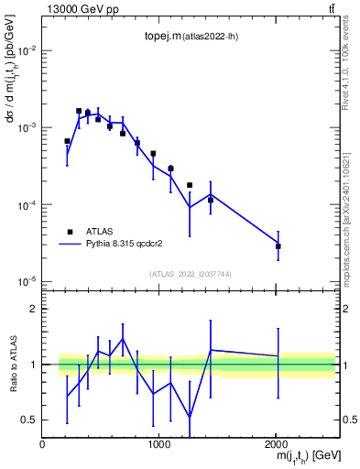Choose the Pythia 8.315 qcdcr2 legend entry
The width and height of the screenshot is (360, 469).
pyautogui.click(x=128, y=245)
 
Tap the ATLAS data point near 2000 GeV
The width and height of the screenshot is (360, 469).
pyautogui.click(x=278, y=246)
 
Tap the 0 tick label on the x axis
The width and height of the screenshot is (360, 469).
pyautogui.click(x=42, y=444)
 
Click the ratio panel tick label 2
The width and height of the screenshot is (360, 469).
pyautogui.click(x=33, y=310)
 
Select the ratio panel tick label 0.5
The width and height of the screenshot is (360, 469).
pyautogui.click(x=29, y=420)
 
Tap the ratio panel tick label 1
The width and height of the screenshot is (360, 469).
pyautogui.click(x=33, y=365)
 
